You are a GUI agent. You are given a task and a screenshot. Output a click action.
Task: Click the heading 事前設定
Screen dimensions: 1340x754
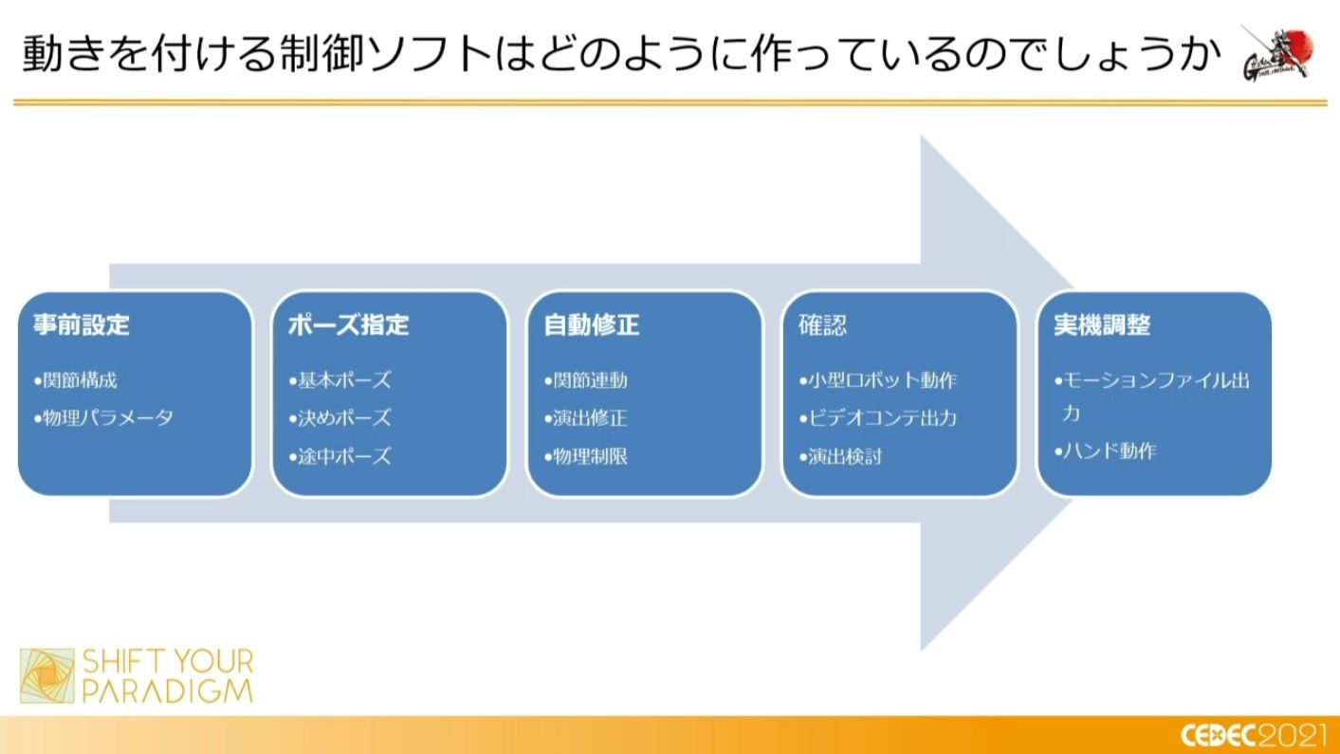click(82, 325)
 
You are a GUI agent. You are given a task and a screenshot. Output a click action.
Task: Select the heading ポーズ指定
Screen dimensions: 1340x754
click(348, 325)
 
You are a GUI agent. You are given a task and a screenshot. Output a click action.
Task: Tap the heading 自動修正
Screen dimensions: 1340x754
click(592, 325)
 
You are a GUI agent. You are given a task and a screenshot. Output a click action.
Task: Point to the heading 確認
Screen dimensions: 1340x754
click(822, 325)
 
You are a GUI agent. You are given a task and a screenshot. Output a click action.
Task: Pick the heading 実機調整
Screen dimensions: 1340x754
click(1102, 325)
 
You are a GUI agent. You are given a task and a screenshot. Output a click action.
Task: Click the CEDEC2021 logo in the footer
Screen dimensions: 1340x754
click(1253, 735)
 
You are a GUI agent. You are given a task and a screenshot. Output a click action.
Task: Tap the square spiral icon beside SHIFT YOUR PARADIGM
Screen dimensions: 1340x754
click(47, 675)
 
